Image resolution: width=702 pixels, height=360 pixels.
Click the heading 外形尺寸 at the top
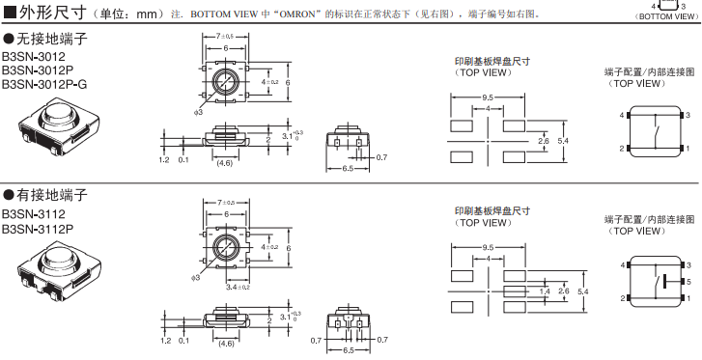coord(42,14)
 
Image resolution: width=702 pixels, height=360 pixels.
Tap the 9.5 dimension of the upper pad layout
coord(488,97)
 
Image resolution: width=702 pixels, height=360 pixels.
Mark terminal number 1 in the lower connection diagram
coord(688,298)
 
